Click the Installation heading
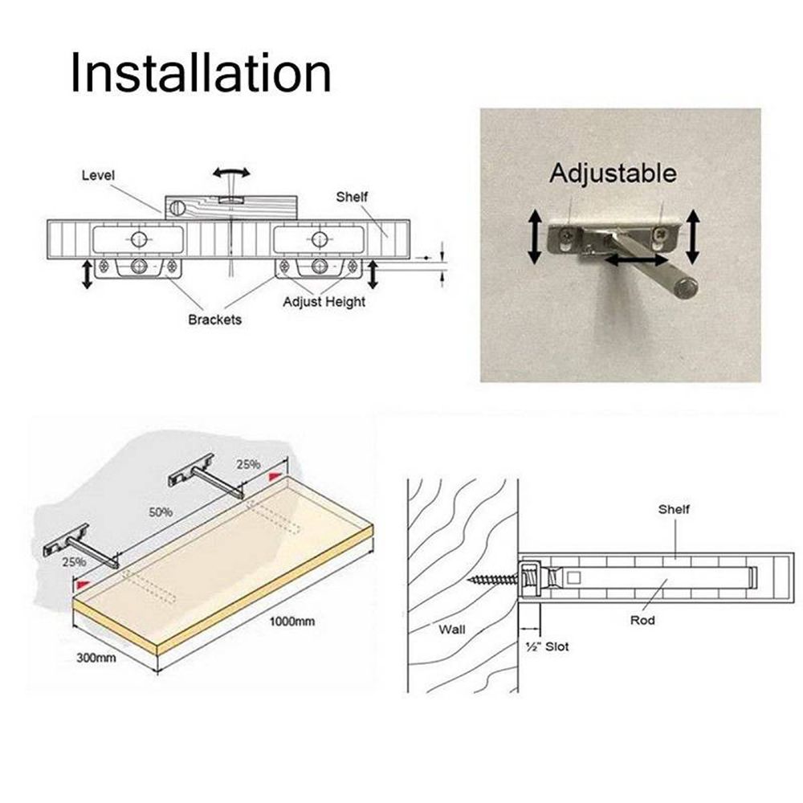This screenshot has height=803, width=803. tap(200, 73)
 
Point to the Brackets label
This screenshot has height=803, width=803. tap(214, 320)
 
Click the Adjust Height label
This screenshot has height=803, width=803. tap(324, 301)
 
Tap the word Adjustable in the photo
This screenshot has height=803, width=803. tap(613, 173)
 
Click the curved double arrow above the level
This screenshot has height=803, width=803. tap(231, 173)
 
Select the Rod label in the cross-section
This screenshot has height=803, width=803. tap(642, 620)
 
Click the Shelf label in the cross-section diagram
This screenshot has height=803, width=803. tap(674, 509)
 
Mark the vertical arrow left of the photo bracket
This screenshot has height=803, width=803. tap(533, 234)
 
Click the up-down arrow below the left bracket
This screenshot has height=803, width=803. tap(85, 274)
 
